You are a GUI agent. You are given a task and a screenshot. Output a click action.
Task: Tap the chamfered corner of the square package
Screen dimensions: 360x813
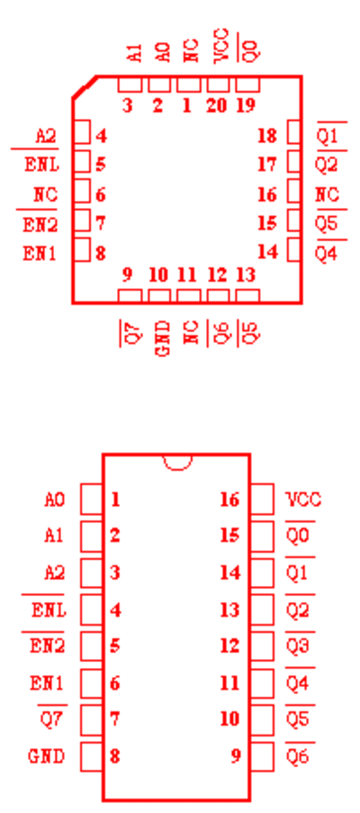(84, 86)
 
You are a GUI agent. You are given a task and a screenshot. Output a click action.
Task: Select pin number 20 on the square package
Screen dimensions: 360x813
(217, 105)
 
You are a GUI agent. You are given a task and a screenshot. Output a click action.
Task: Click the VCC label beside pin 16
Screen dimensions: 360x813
(303, 500)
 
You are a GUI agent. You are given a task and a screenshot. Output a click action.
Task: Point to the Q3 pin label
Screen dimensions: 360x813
(299, 646)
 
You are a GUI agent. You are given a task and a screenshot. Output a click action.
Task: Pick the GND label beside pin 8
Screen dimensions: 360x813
(47, 756)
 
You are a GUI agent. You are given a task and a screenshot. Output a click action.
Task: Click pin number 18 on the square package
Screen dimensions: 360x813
(267, 136)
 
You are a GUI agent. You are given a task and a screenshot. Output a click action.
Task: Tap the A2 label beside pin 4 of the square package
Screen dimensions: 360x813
(46, 136)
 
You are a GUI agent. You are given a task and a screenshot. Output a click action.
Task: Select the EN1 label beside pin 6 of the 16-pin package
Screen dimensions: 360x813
(47, 683)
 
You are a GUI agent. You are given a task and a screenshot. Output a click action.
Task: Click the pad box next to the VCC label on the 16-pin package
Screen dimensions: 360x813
(262, 499)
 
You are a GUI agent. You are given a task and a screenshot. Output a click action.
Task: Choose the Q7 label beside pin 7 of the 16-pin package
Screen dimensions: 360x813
(53, 719)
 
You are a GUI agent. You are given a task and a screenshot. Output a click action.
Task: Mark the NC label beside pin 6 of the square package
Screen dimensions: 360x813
(46, 195)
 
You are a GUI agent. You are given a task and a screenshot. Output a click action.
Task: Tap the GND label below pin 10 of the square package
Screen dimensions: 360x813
(162, 339)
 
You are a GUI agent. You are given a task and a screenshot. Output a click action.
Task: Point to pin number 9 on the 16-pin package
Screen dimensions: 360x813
(236, 756)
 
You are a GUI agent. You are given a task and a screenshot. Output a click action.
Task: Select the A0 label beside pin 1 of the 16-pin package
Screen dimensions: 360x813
(54, 500)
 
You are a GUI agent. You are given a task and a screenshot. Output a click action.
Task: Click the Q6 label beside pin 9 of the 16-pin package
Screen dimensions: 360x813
(298, 756)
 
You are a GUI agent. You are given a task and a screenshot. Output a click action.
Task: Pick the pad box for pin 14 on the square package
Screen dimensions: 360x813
(294, 250)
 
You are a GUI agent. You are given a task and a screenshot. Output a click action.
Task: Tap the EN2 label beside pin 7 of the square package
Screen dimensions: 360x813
(40, 225)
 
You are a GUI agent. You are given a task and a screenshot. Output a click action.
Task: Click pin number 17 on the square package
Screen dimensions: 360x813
(267, 165)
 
